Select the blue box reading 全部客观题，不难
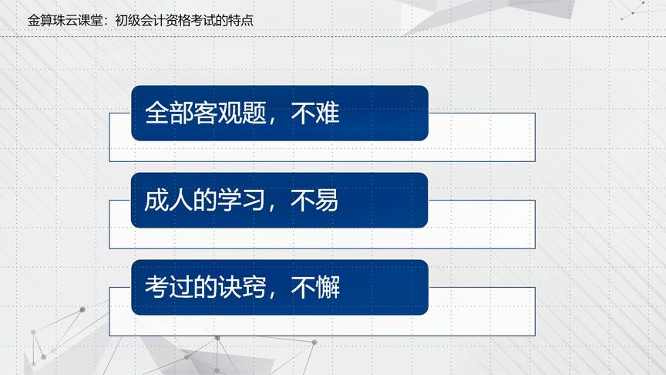tap(279, 113)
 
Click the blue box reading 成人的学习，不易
tap(279, 201)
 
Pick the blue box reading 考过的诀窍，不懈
tap(279, 287)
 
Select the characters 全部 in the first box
tap(169, 113)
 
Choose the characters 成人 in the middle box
tap(169, 201)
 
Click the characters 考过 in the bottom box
tap(169, 288)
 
